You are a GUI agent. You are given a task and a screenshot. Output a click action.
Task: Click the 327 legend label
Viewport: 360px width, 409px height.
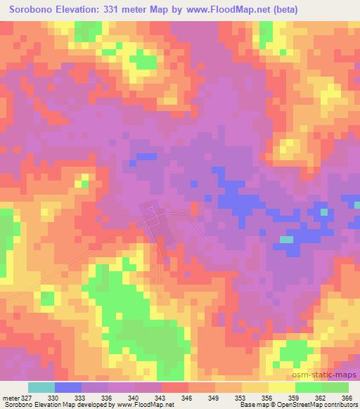pos(24,398)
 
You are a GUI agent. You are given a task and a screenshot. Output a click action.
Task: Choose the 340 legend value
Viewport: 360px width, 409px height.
pos(134,398)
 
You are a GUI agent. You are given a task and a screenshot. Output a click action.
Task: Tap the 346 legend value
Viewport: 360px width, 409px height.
pos(188,398)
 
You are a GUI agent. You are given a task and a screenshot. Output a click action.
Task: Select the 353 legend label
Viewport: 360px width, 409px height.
pos(241,398)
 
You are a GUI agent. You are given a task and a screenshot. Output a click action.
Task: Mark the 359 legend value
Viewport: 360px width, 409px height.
pos(295,398)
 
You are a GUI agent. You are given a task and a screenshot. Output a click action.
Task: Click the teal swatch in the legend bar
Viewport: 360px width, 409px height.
pos(41,387)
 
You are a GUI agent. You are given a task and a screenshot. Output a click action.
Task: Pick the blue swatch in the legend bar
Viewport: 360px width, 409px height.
pos(68,387)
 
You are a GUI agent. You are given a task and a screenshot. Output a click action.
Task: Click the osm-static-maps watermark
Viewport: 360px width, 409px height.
pos(330,376)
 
